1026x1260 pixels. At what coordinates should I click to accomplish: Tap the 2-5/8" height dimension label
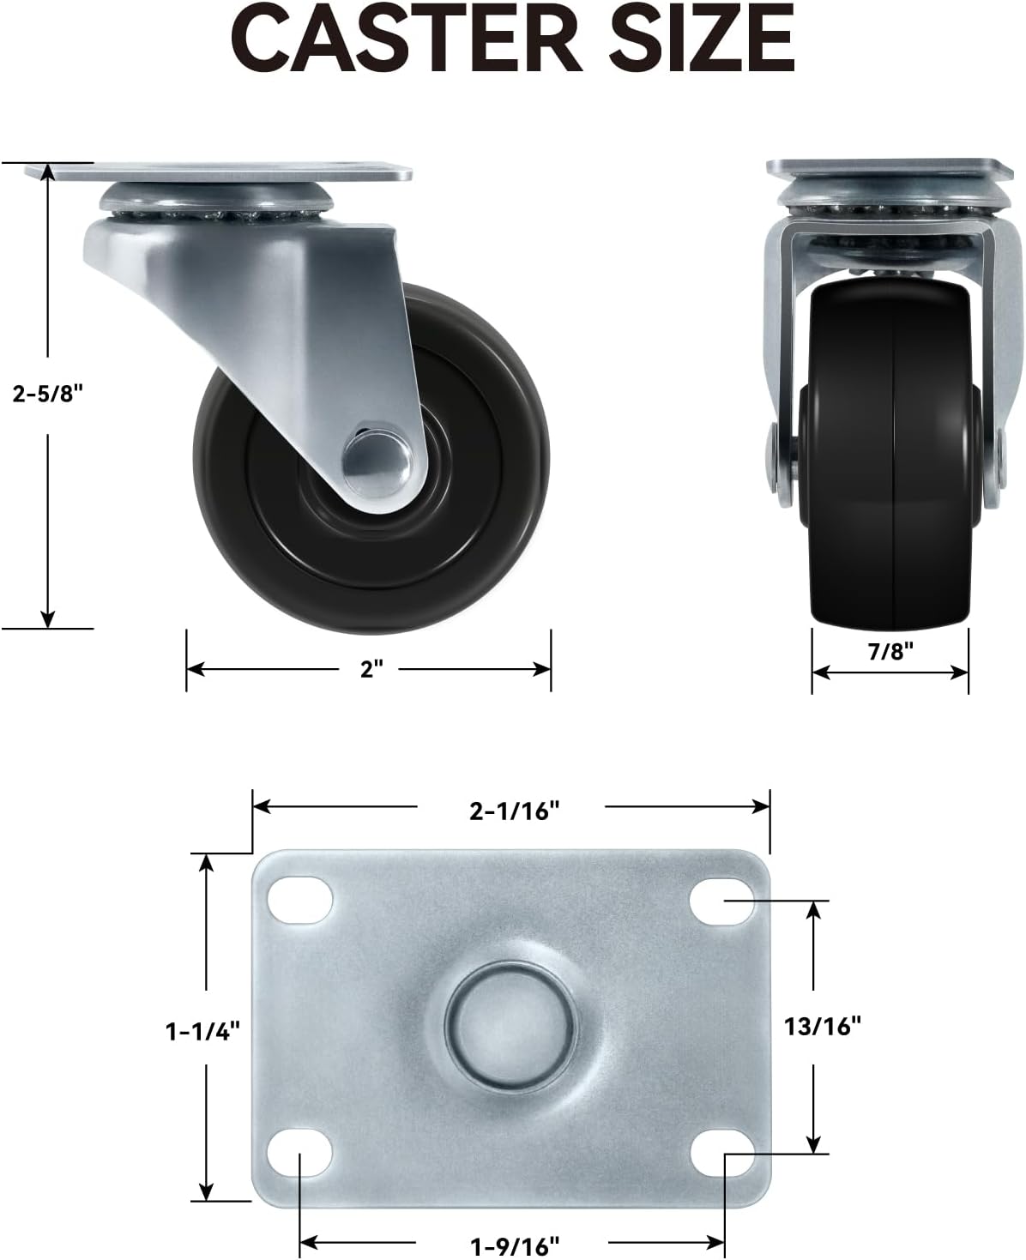48,394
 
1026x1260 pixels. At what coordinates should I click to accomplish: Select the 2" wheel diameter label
371,669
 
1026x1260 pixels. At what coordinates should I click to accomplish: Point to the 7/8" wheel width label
890,651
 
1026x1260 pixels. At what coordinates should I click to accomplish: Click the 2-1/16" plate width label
514,811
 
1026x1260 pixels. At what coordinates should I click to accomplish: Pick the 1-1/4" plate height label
202,1032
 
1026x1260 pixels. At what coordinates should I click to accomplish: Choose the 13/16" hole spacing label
823,1027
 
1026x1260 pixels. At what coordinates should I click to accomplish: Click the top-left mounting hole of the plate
299,900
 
